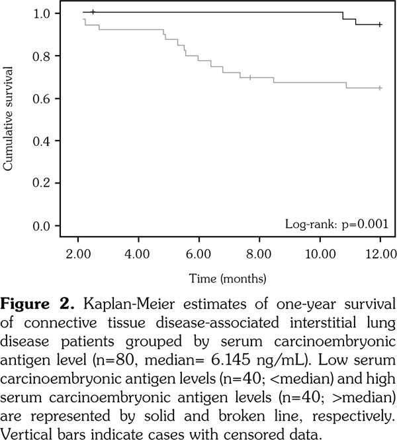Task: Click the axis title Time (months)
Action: [x=228, y=276]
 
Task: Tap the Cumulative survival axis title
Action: [x=9, y=119]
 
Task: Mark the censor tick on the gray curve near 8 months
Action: [x=250, y=78]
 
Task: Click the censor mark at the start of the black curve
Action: [x=93, y=12]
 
